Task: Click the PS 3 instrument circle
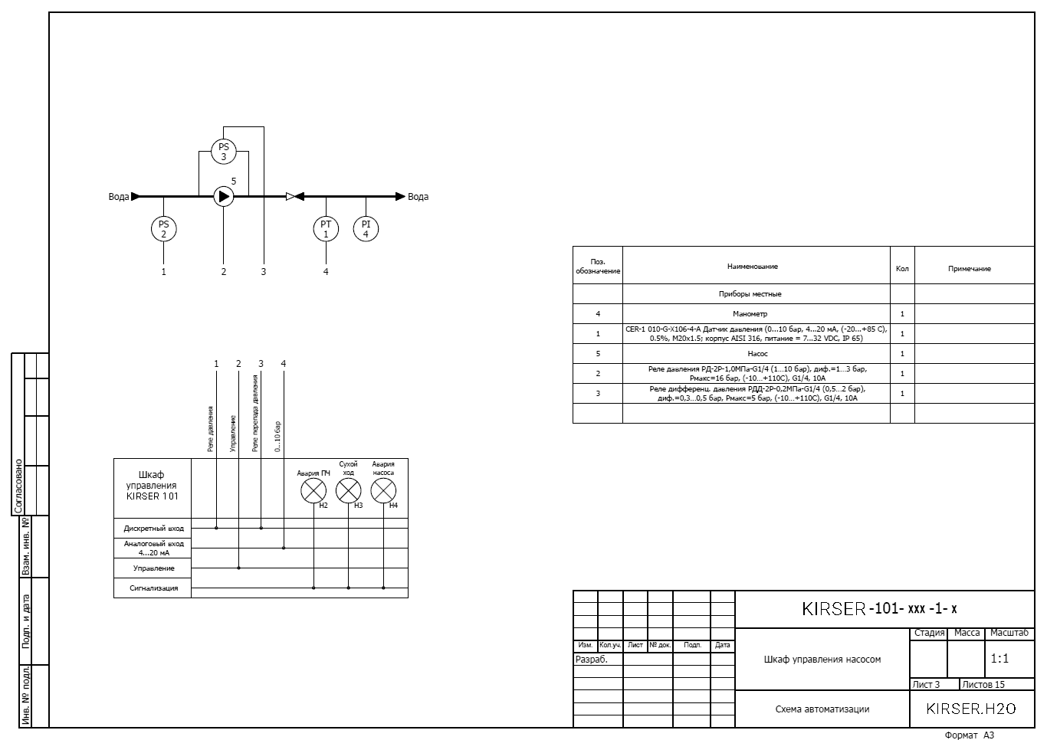223,152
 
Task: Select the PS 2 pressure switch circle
163,229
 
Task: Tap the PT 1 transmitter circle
326,229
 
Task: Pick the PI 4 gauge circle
366,229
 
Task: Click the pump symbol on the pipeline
223,196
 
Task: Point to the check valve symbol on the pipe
295,197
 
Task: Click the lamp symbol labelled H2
313,490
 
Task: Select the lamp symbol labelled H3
348,490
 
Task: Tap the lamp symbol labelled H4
383,490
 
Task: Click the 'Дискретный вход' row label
154,529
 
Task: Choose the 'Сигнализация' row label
154,588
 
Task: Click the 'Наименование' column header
753,267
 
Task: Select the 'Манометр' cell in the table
750,314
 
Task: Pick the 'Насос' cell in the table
758,354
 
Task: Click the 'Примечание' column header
970,269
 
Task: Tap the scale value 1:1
999,659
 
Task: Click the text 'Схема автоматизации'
822,709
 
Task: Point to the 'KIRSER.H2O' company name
971,709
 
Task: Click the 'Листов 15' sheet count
983,684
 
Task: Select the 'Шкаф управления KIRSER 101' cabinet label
152,486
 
